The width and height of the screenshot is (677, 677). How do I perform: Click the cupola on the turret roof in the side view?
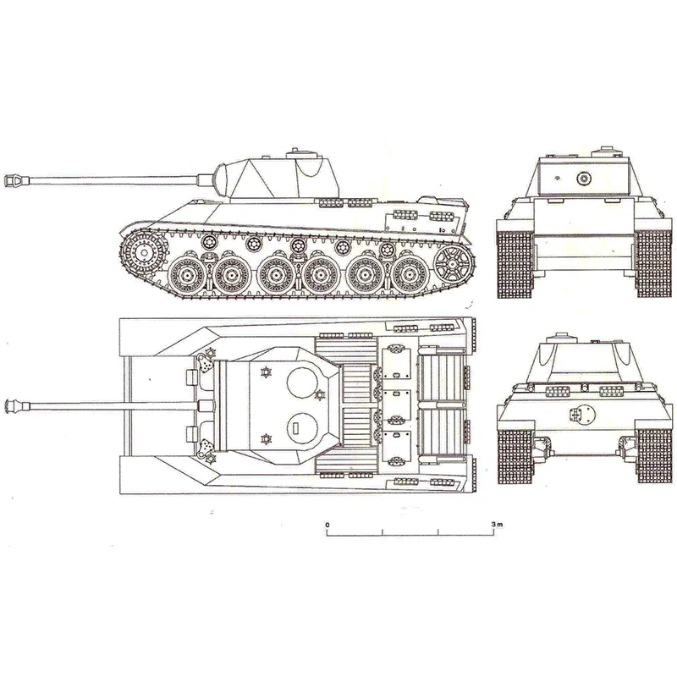click(x=298, y=155)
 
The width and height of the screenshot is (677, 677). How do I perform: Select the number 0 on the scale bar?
click(x=327, y=524)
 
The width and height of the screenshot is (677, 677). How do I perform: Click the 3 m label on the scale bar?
click(x=497, y=524)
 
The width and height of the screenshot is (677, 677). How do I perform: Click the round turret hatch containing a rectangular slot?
click(x=298, y=427)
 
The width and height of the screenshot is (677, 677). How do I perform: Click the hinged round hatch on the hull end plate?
click(x=581, y=416)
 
